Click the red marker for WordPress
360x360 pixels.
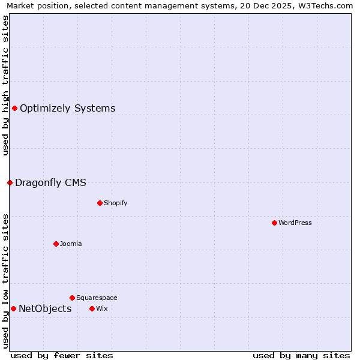(274, 223)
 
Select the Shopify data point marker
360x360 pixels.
(100, 203)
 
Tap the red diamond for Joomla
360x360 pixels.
(56, 244)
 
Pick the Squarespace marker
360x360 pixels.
(72, 298)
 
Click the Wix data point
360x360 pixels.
(92, 308)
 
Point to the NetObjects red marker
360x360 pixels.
(13, 308)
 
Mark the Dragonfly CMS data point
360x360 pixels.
(10, 182)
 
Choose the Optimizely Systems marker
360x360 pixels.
(14, 108)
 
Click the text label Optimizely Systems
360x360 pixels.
(67, 109)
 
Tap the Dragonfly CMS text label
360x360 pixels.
(50, 182)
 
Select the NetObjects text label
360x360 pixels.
(45, 309)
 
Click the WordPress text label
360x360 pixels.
(295, 223)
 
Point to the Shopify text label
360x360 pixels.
(115, 203)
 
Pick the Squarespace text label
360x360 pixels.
(97, 298)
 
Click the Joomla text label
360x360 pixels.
(71, 244)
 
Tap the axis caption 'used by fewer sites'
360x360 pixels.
(62, 355)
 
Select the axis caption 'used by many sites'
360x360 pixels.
(301, 355)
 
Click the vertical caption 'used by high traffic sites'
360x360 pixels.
(5, 85)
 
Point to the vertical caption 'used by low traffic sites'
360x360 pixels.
(5, 281)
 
